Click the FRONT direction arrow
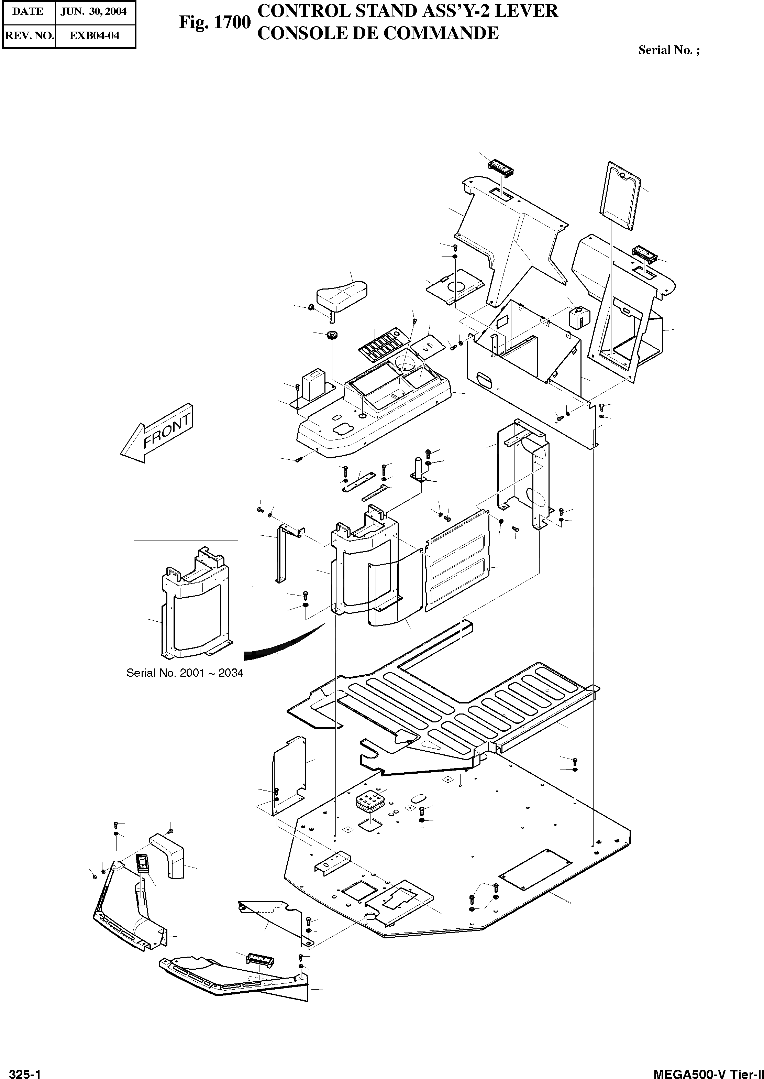click(157, 433)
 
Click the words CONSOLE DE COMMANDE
click(378, 33)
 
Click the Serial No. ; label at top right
click(668, 50)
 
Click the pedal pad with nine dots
click(370, 800)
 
